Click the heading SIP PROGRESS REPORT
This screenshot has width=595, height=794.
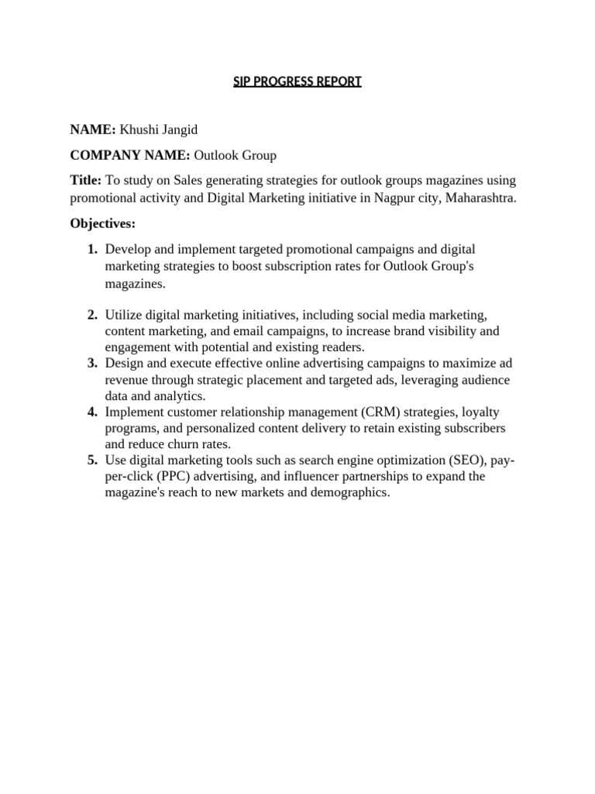point(297,81)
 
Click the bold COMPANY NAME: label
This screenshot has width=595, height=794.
point(129,155)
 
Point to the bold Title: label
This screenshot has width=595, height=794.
point(85,181)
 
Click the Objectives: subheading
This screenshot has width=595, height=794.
point(102,223)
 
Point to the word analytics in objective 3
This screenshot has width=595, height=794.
point(179,395)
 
